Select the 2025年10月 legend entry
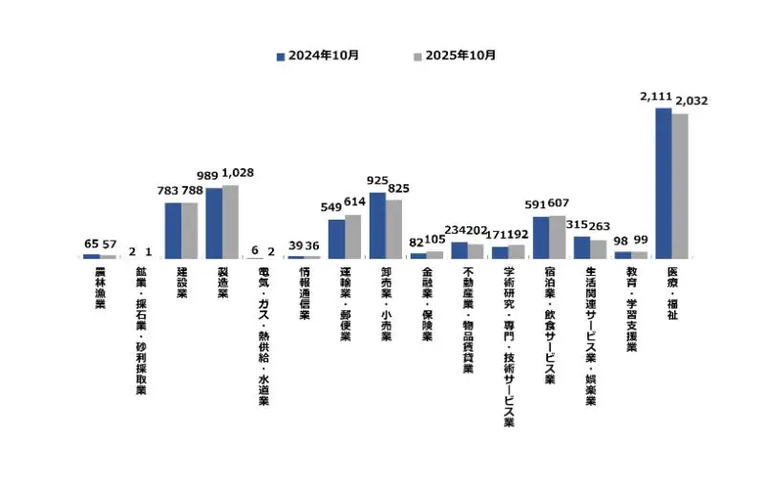455,55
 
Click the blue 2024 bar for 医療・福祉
663,182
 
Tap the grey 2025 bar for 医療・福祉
680,185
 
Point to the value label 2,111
657,97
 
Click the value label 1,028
237,173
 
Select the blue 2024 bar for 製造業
214,223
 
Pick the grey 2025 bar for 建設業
189,230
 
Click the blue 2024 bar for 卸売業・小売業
377,225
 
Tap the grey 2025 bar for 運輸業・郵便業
352,236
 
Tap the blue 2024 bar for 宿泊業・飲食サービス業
541,237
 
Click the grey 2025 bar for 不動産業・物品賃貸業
476,250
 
